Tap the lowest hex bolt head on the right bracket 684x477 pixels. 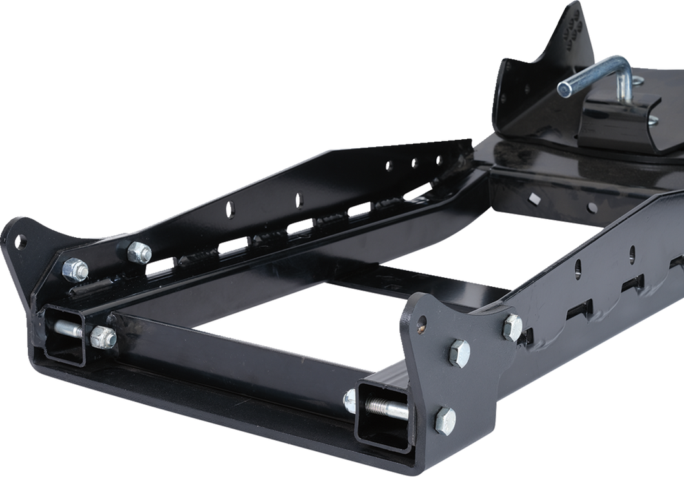(x=444, y=420)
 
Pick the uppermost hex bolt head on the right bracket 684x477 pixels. (x=513, y=327)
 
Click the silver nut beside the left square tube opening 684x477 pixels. (x=103, y=336)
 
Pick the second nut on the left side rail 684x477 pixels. (x=139, y=252)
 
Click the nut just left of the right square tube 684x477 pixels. (x=349, y=400)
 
